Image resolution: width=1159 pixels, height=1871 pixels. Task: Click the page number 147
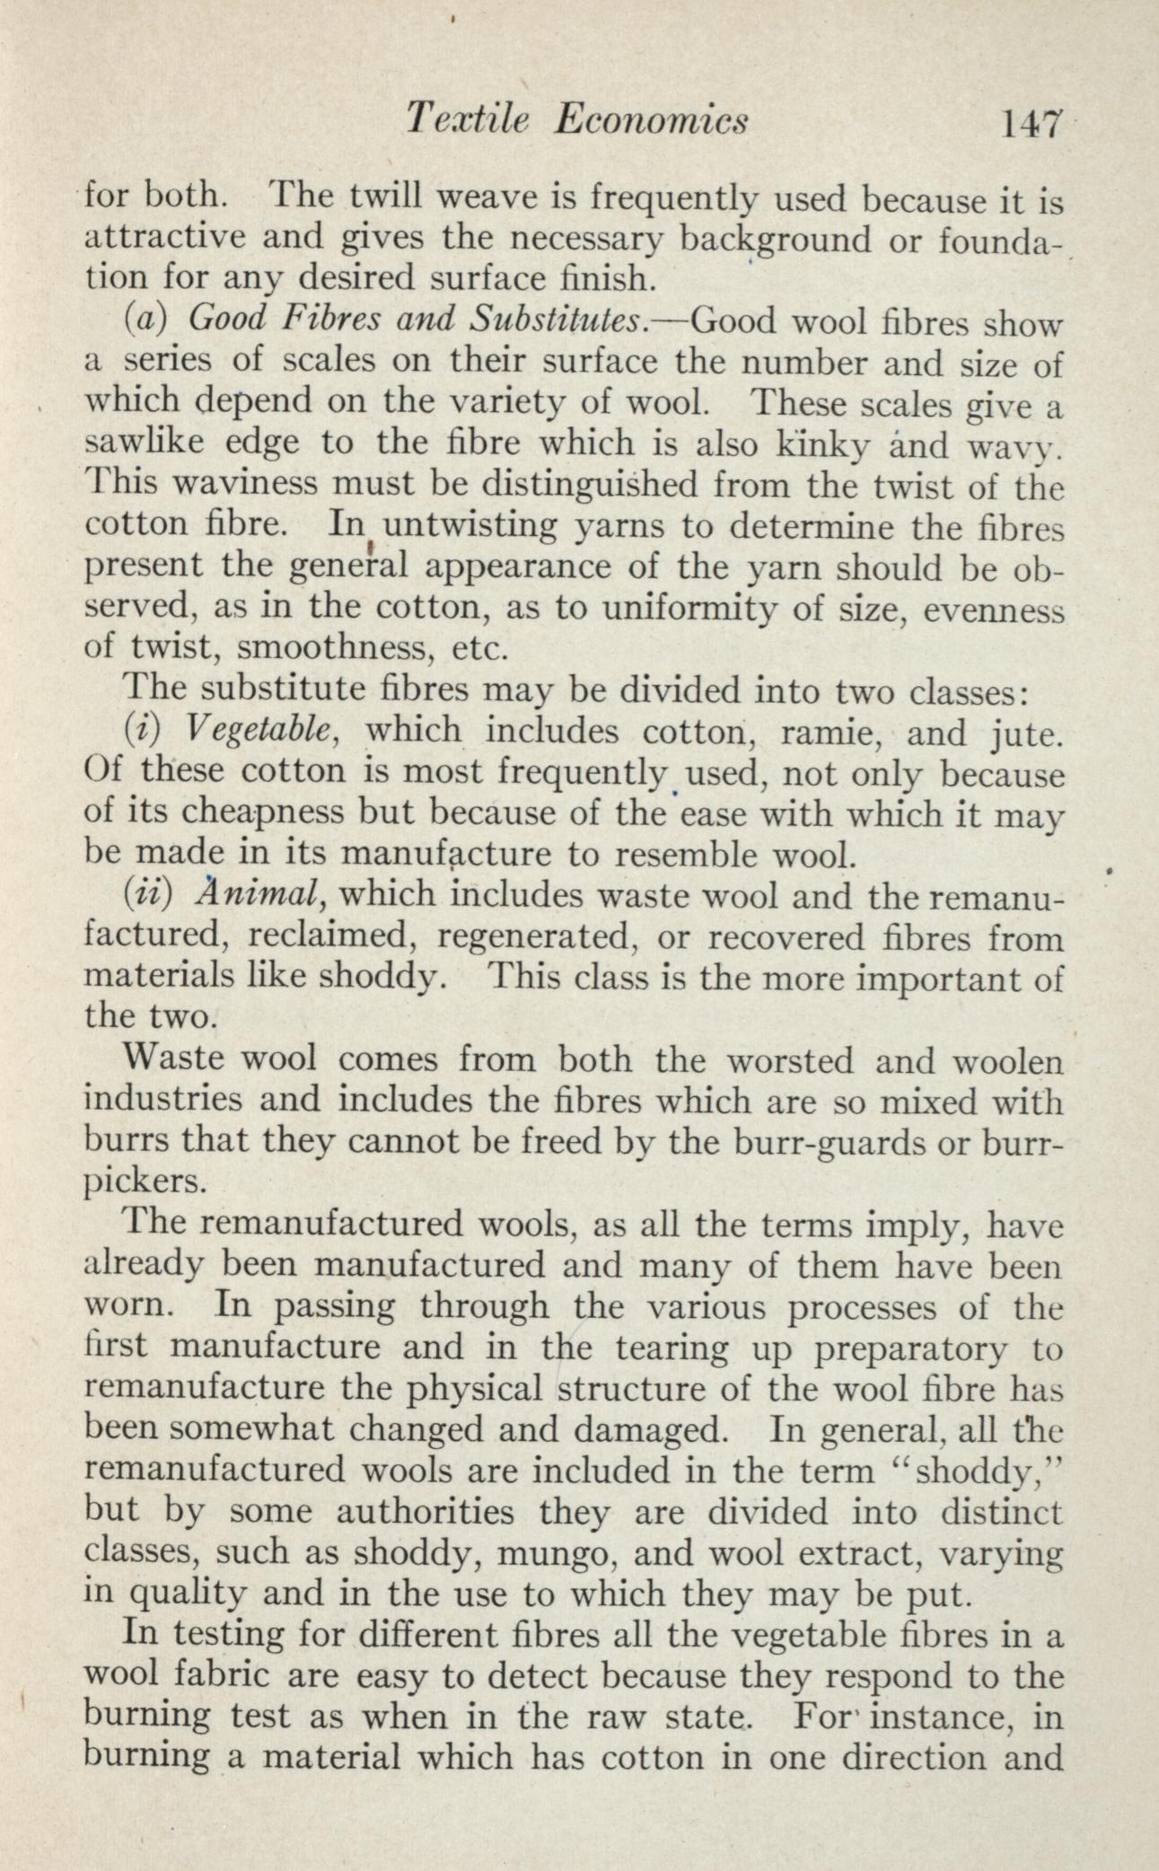[x=1033, y=121]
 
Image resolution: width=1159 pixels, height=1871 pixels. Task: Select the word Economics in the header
[x=651, y=119]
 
